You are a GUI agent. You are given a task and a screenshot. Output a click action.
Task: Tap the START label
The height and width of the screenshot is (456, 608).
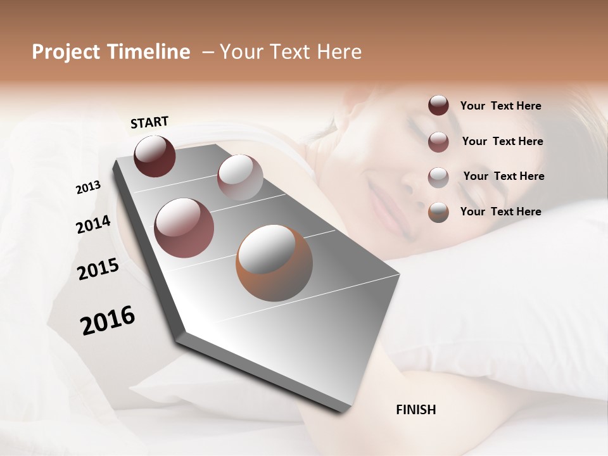(x=149, y=122)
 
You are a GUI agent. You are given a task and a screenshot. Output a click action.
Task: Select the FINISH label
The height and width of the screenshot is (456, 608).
(x=416, y=410)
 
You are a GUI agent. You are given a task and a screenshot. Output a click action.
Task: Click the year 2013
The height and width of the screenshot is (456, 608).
(x=89, y=187)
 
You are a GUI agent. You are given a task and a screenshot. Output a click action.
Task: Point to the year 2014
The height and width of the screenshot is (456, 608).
(x=94, y=225)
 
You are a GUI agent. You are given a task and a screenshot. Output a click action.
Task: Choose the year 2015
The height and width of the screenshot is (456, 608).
(x=98, y=269)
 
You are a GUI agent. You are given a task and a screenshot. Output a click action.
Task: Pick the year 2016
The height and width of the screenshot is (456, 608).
(x=108, y=320)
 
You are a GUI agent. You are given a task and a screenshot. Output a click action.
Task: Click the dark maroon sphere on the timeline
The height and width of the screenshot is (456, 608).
(x=155, y=156)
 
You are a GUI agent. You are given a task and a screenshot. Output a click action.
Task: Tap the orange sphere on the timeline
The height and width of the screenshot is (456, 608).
(x=274, y=263)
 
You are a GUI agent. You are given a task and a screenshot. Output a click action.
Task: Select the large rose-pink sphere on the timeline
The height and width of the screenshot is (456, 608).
(x=184, y=228)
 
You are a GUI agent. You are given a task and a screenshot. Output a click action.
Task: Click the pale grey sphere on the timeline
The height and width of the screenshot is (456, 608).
(x=240, y=177)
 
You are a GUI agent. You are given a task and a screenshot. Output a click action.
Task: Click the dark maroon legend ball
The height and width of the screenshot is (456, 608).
(x=438, y=106)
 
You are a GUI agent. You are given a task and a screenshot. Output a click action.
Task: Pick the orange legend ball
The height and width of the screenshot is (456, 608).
(x=438, y=212)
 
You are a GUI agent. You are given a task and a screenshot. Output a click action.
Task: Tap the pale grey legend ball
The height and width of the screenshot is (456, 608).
(x=438, y=177)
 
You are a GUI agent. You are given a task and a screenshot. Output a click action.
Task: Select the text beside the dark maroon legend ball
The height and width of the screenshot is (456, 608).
(x=500, y=106)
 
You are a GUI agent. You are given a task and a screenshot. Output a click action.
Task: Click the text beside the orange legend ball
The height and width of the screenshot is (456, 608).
(x=500, y=212)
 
